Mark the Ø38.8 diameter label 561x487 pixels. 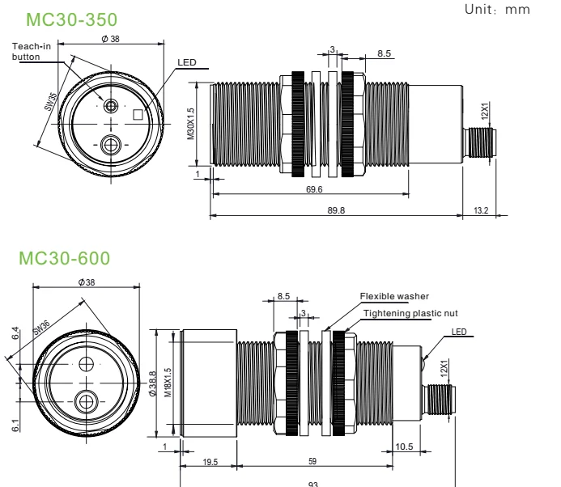coord(160,371)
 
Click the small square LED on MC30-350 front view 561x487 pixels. coord(138,114)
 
